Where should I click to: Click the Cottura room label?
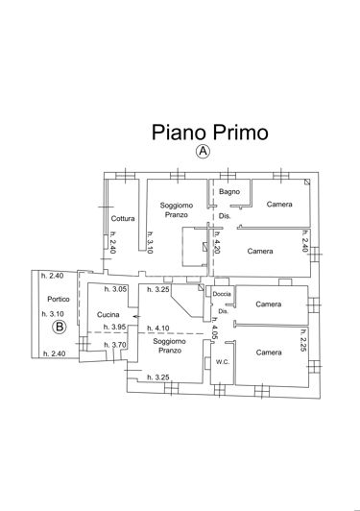coord(123,218)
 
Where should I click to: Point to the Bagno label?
coord(228,192)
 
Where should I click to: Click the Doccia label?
coord(222,293)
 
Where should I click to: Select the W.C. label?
coord(221,361)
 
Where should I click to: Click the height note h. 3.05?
coord(115,289)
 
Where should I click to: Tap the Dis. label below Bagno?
coord(224,216)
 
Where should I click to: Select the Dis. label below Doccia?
coord(222,311)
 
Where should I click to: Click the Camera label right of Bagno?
coord(279,205)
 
